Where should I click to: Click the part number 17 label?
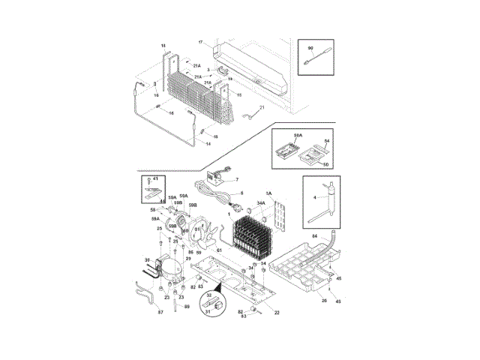(x=200, y=41)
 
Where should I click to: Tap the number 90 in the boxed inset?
(x=310, y=48)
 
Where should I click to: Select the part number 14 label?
(x=208, y=143)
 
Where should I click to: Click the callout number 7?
(x=236, y=180)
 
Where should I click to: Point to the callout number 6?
(x=242, y=193)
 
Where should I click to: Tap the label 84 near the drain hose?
(x=315, y=236)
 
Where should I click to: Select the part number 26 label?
(x=324, y=301)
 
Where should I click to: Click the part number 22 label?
(x=277, y=311)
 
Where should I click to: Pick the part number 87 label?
(x=160, y=311)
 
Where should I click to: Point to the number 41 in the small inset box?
(x=156, y=180)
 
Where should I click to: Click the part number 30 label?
(x=147, y=261)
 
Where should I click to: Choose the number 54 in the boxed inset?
(x=327, y=141)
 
